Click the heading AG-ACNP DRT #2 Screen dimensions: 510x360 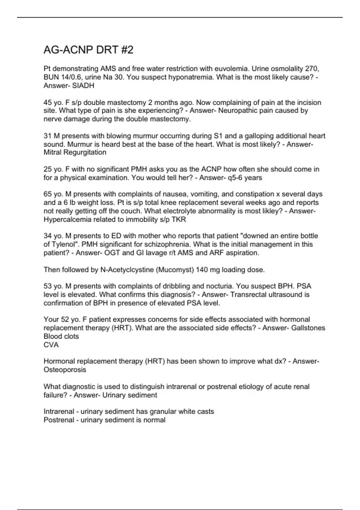[x=88, y=50]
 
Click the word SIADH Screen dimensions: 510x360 [x=83, y=86]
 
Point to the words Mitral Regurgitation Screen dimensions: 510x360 [x=75, y=152]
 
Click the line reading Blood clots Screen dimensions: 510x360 [x=61, y=336]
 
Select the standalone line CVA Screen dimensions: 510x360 [x=51, y=345]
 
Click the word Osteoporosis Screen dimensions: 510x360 [x=65, y=370]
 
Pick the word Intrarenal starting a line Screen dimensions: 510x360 [x=58, y=412]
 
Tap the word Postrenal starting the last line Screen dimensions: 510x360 [x=59, y=420]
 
